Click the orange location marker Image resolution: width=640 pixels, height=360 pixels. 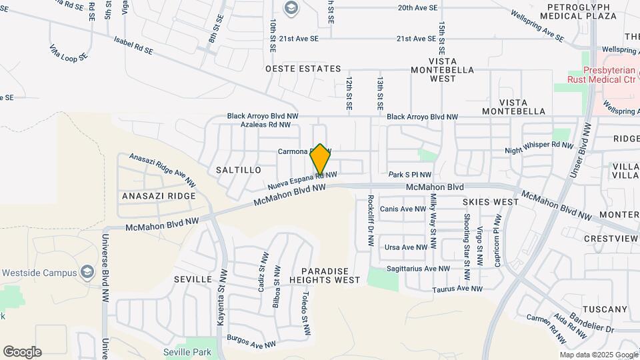pyautogui.click(x=320, y=160)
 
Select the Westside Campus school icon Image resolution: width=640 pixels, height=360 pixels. pyautogui.click(x=87, y=272)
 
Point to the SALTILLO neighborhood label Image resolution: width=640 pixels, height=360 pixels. pyautogui.click(x=239, y=170)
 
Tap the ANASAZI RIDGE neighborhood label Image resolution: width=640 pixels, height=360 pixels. pyautogui.click(x=159, y=196)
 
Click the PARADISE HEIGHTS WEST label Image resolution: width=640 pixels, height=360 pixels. pyautogui.click(x=325, y=276)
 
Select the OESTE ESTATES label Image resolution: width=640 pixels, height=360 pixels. pyautogui.click(x=303, y=69)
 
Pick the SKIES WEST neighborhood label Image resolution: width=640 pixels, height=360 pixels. pyautogui.click(x=491, y=201)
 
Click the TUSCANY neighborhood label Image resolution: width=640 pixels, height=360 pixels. pyautogui.click(x=605, y=309)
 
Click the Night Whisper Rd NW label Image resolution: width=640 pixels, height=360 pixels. pyautogui.click(x=539, y=145)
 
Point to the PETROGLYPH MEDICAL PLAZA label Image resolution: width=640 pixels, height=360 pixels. pyautogui.click(x=578, y=11)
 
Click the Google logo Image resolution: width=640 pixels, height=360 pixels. pyautogui.click(x=22, y=351)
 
